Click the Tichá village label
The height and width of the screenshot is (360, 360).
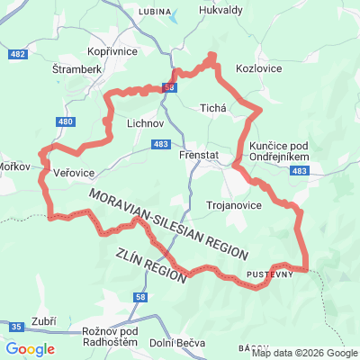click(212, 106)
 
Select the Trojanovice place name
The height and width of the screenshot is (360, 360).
click(233, 205)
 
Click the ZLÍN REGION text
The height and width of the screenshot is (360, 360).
click(151, 265)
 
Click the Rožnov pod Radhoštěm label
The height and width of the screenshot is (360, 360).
click(113, 337)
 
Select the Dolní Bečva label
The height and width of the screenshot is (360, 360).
click(176, 343)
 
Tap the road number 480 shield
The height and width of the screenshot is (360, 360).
click(63, 121)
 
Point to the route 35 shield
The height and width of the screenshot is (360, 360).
click(17, 326)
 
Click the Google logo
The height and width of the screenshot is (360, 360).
click(30, 349)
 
